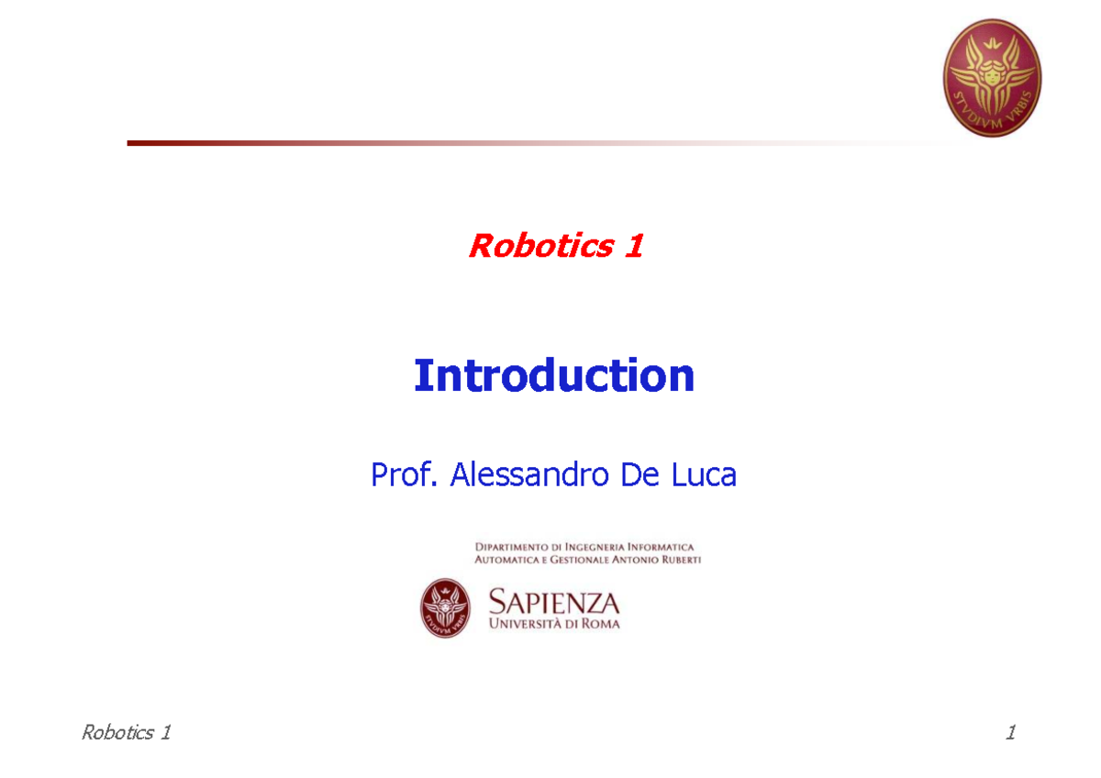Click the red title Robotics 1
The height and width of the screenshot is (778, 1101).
[555, 246]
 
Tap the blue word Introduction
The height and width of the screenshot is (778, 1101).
[554, 376]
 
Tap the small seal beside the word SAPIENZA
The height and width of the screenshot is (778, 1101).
[446, 608]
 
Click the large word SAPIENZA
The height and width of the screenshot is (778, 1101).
[554, 603]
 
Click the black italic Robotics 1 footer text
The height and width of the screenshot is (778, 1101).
[126, 732]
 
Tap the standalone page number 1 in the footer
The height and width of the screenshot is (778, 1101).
[1010, 732]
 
